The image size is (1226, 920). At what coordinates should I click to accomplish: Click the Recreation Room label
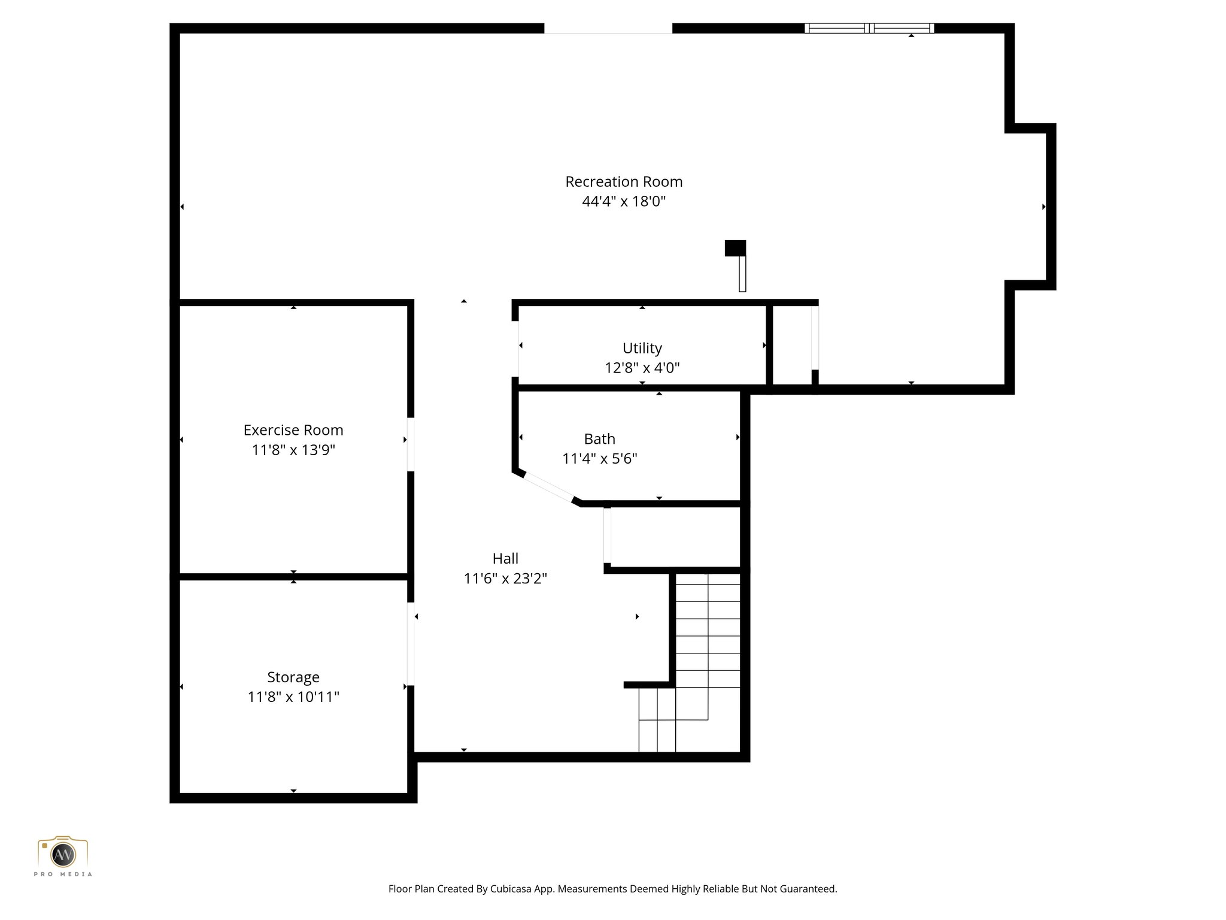(x=623, y=181)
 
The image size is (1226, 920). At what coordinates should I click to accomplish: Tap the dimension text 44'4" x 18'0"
(x=623, y=201)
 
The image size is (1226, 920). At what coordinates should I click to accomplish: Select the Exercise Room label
(x=293, y=430)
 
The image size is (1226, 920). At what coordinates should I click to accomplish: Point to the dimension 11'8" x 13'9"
(x=293, y=450)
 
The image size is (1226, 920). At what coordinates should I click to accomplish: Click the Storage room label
(x=293, y=677)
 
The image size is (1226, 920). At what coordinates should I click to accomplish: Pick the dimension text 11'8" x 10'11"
(x=293, y=697)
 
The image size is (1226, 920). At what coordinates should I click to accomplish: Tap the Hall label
(x=505, y=558)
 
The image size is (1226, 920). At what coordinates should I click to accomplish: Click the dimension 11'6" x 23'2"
(x=505, y=579)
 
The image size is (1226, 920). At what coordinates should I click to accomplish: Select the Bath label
(x=599, y=439)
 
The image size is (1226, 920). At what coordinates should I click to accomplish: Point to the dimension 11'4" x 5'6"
(x=599, y=459)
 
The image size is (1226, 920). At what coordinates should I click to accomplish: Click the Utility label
(x=642, y=348)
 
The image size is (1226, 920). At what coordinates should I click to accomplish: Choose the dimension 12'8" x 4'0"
(x=642, y=368)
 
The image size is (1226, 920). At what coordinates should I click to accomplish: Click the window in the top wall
(x=869, y=28)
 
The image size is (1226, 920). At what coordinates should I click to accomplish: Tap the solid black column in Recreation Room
(x=735, y=248)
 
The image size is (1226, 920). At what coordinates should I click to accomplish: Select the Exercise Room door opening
(x=411, y=444)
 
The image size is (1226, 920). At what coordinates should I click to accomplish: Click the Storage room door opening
(x=411, y=643)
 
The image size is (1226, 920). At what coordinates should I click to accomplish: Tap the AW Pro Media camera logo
(x=63, y=855)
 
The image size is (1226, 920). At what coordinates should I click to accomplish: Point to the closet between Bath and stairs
(x=675, y=537)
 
